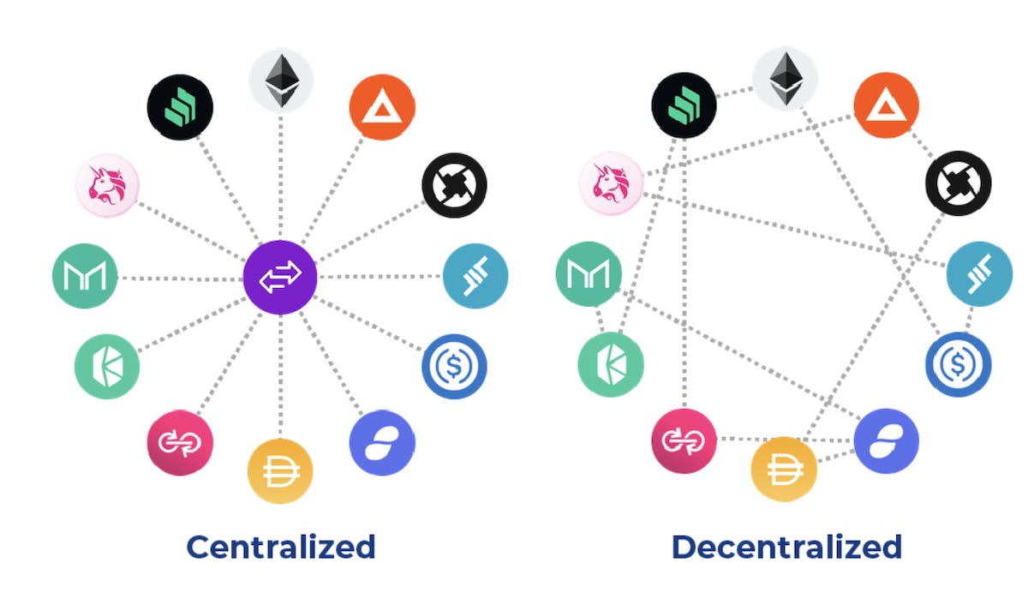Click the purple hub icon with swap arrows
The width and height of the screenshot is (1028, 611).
[x=280, y=278]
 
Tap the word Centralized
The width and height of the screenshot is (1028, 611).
[x=281, y=546]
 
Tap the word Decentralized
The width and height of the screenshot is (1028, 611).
[x=786, y=546]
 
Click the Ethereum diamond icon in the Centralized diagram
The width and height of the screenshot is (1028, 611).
[x=281, y=81]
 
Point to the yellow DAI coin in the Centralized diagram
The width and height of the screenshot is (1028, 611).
[x=280, y=470]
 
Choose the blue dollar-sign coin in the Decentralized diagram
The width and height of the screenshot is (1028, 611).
[x=959, y=364]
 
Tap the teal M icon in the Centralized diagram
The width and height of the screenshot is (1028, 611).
[x=85, y=276]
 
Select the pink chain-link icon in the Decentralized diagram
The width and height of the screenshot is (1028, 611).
[x=684, y=441]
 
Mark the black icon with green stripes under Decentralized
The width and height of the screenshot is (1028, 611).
[x=684, y=106]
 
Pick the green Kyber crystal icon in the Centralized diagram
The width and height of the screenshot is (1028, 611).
[x=107, y=367]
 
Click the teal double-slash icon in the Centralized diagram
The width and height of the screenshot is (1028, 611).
[x=475, y=276]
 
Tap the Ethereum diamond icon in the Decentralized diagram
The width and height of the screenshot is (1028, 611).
[x=785, y=80]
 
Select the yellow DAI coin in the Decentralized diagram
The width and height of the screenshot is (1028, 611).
[x=784, y=470]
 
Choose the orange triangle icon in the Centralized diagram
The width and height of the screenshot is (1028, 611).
[x=382, y=107]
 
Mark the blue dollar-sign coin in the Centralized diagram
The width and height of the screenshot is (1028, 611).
[x=454, y=366]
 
